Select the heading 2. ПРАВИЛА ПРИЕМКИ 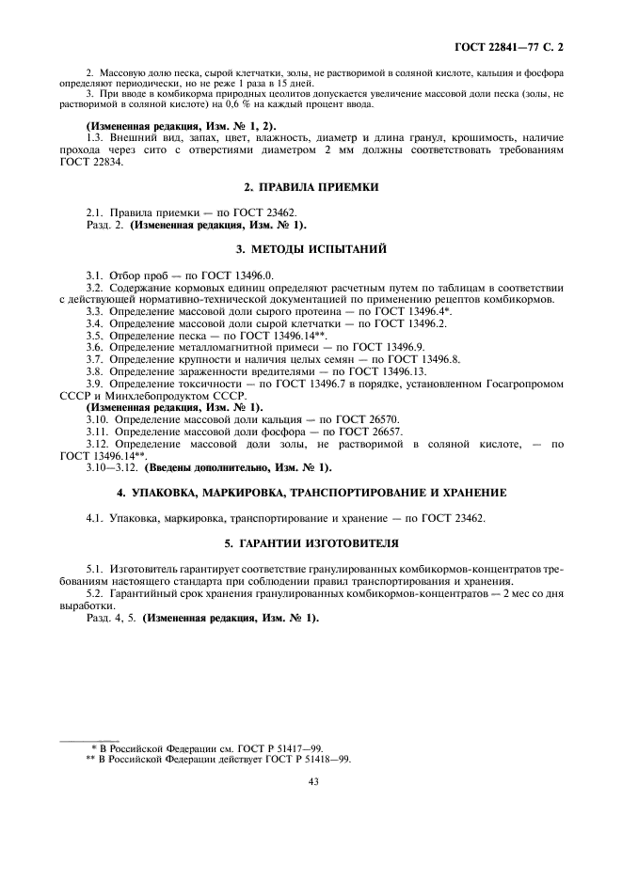(311, 188)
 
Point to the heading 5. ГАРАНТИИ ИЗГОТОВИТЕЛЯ (311, 543)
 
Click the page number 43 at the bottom (311, 779)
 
